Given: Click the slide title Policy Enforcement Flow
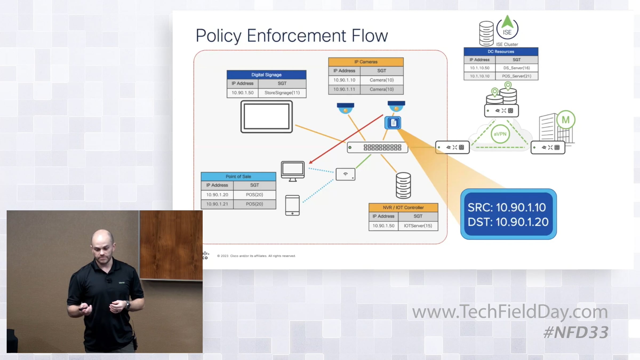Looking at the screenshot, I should [291, 35].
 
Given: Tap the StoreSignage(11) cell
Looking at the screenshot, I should [282, 93].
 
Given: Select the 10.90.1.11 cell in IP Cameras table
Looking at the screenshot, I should [344, 89].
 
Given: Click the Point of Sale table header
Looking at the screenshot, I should [238, 177].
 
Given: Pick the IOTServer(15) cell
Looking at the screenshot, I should [418, 226].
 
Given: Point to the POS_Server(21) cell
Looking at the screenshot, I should [516, 76].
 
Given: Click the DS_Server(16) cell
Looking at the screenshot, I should [516, 68].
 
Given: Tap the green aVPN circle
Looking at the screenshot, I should [500, 134].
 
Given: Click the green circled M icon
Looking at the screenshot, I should [566, 120].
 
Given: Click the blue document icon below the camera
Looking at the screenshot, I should [393, 123].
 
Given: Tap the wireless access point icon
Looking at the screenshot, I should [345, 174].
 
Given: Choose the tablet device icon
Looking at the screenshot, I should [292, 205].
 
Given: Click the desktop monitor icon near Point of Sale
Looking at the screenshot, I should [293, 171].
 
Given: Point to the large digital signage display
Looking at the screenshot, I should [266, 117].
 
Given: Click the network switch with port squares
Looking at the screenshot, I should [377, 147].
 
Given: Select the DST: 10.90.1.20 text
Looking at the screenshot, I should [508, 222].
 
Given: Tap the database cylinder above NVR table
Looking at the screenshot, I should [403, 185].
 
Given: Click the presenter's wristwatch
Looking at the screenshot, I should [128, 305].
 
